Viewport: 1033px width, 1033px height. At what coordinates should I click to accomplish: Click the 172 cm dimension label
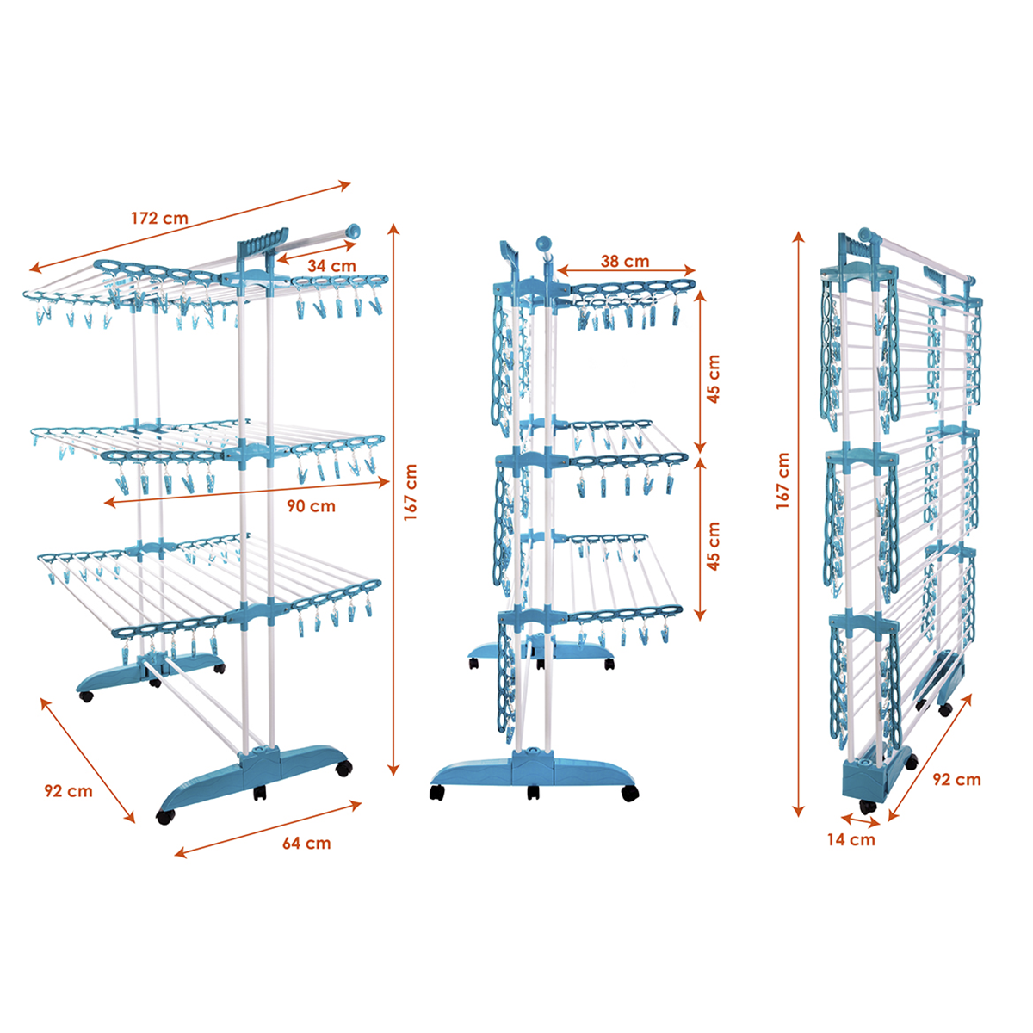[x=160, y=218]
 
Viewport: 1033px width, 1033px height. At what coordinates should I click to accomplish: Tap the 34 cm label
[x=331, y=265]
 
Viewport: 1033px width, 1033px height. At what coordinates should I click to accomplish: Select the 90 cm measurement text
[x=311, y=506]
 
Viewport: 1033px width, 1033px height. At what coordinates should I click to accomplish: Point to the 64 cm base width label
[x=306, y=844]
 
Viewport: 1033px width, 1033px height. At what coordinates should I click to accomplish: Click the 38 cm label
[x=624, y=261]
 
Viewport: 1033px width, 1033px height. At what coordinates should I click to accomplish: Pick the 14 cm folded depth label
[x=851, y=839]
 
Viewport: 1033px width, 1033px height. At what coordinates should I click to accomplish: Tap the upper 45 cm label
[x=714, y=379]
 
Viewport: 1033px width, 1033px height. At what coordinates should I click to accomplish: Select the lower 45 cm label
[x=714, y=546]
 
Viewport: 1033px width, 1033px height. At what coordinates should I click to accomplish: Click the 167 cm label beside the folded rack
[x=782, y=481]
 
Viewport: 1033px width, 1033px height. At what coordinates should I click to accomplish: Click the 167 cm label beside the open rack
[x=410, y=492]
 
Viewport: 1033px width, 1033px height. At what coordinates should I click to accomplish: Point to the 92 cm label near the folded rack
[x=956, y=779]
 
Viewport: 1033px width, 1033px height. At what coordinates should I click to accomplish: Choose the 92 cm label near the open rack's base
[x=68, y=791]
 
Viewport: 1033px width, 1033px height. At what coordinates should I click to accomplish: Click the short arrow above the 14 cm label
[x=860, y=820]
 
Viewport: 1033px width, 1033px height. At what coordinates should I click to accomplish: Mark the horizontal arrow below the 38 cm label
[x=626, y=270]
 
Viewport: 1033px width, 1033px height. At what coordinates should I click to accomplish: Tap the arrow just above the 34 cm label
[x=316, y=253]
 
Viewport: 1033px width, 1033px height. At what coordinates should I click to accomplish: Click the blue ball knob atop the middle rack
[x=544, y=244]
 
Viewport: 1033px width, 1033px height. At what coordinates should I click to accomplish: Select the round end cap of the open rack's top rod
[x=353, y=232]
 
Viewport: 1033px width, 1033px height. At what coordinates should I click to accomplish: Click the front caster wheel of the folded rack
[x=868, y=807]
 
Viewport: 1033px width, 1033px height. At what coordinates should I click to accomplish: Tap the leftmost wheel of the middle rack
[x=437, y=792]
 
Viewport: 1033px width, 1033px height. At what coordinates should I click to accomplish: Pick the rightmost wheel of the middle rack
[x=630, y=793]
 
